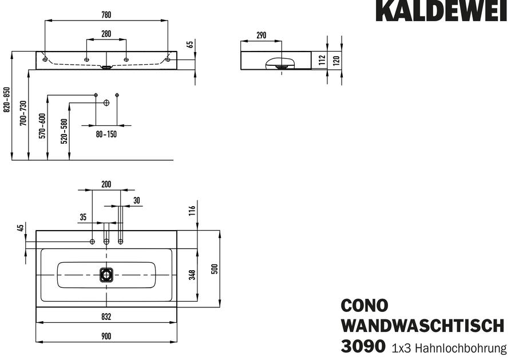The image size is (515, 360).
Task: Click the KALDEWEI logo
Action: [442, 10]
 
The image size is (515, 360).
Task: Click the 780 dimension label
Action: [106, 15]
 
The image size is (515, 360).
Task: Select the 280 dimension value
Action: [106, 34]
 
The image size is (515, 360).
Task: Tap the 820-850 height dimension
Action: [6, 100]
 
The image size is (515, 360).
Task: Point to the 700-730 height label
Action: [23, 113]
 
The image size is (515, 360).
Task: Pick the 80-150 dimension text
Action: [106, 134]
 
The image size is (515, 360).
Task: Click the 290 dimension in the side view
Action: [261, 35]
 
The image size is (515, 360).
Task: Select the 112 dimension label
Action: [322, 60]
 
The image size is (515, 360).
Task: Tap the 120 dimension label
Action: [336, 61]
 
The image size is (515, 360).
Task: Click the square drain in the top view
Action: [106, 275]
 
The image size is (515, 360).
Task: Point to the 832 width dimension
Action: [106, 317]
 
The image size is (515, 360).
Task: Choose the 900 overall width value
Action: [106, 337]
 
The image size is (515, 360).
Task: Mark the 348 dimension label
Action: [192, 275]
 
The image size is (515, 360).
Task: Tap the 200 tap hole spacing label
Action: [106, 184]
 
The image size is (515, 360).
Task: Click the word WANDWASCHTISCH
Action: [423, 326]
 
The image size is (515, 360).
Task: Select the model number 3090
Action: [363, 346]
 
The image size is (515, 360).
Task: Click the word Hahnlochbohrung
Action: [461, 348]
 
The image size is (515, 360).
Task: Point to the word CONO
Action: [365, 306]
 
